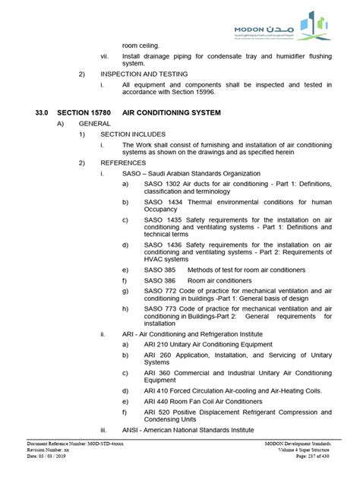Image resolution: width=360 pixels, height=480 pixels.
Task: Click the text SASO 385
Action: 159,270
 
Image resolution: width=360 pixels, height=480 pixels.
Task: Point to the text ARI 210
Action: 155,344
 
